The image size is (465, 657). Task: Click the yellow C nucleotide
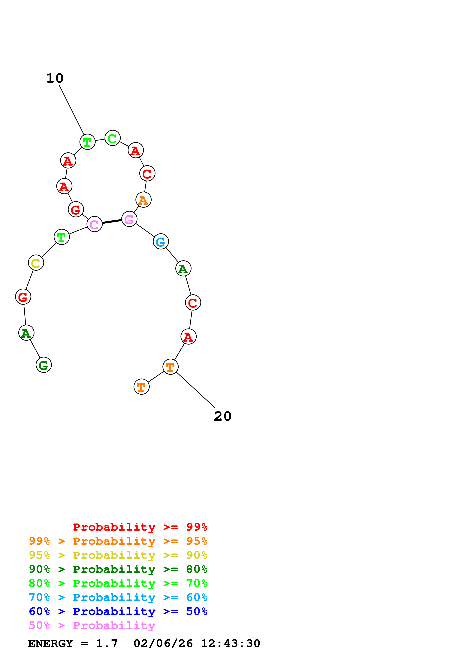tap(36, 263)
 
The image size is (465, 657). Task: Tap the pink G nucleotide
tap(129, 219)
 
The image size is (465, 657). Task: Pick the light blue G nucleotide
tap(161, 242)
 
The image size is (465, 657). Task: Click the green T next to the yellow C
tap(62, 237)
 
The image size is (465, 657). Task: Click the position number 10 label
tap(55, 78)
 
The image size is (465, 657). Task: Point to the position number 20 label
tap(223, 416)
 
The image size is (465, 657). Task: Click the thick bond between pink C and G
tap(112, 222)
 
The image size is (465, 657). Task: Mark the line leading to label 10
tap(72, 110)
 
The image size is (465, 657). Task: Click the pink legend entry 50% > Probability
tap(92, 626)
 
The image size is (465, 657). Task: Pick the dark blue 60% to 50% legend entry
tap(118, 611)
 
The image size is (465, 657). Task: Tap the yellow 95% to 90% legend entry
tap(118, 555)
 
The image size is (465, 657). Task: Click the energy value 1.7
tap(107, 644)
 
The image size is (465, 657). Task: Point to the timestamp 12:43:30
tap(230, 644)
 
